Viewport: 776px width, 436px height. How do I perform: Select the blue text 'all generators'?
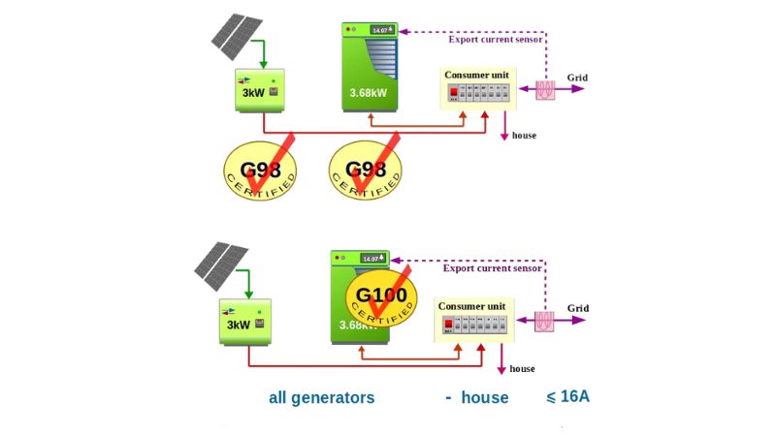pyautogui.click(x=321, y=397)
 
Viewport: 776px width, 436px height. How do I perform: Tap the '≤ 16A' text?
pyautogui.click(x=567, y=396)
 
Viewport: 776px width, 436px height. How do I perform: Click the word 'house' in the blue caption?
pyautogui.click(x=484, y=397)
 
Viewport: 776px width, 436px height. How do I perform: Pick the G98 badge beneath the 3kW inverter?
pyautogui.click(x=259, y=167)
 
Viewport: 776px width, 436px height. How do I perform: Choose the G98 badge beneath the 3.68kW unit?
pyautogui.click(x=366, y=168)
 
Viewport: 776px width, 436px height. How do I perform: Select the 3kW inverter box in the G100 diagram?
pyautogui.click(x=244, y=319)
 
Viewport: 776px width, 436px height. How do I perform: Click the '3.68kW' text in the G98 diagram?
pyautogui.click(x=369, y=94)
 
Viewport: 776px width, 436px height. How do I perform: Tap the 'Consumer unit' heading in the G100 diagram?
pyautogui.click(x=472, y=306)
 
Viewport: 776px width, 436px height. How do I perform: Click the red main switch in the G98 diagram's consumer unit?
pyautogui.click(x=453, y=93)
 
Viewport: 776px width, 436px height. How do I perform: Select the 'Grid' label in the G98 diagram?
pyautogui.click(x=577, y=78)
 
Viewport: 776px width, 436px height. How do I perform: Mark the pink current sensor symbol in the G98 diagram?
pyautogui.click(x=545, y=88)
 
